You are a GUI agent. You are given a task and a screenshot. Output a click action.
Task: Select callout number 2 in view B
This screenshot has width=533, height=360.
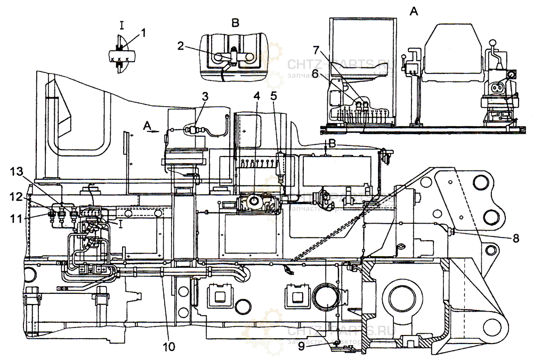click(181, 46)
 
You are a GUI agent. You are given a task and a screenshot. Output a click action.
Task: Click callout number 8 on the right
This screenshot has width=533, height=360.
click(515, 239)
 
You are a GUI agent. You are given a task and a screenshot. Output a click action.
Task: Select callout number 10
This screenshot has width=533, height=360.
click(168, 347)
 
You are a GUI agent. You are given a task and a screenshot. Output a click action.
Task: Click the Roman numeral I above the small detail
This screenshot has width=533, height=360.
click(122, 23)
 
